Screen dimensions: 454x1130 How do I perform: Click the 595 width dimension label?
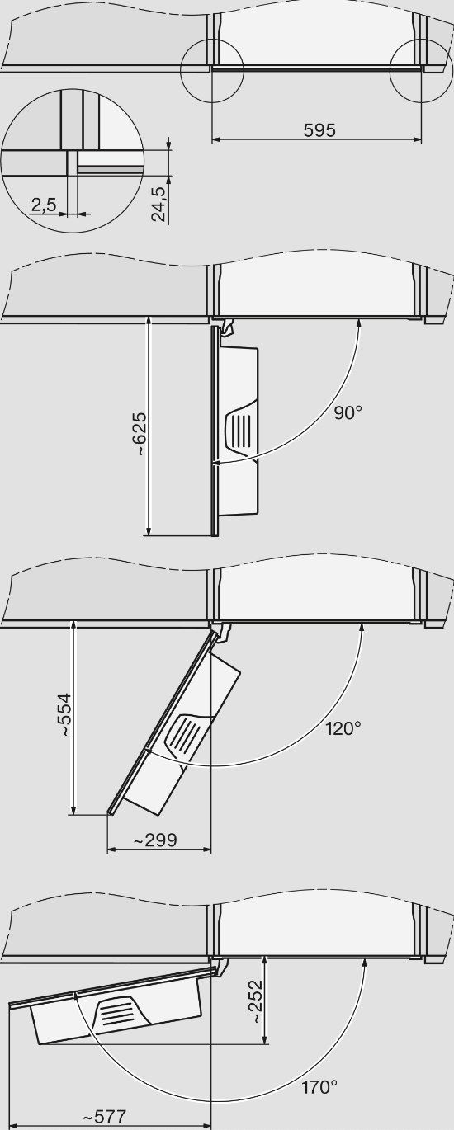click(319, 130)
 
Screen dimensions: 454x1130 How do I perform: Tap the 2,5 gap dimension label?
click(44, 205)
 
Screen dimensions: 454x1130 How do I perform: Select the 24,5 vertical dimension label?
click(158, 204)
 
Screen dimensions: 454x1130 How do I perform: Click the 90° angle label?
click(348, 412)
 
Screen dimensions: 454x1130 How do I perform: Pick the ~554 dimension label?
click(65, 715)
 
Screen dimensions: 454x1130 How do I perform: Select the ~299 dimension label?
click(154, 840)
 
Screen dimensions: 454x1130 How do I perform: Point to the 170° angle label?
click(319, 1087)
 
